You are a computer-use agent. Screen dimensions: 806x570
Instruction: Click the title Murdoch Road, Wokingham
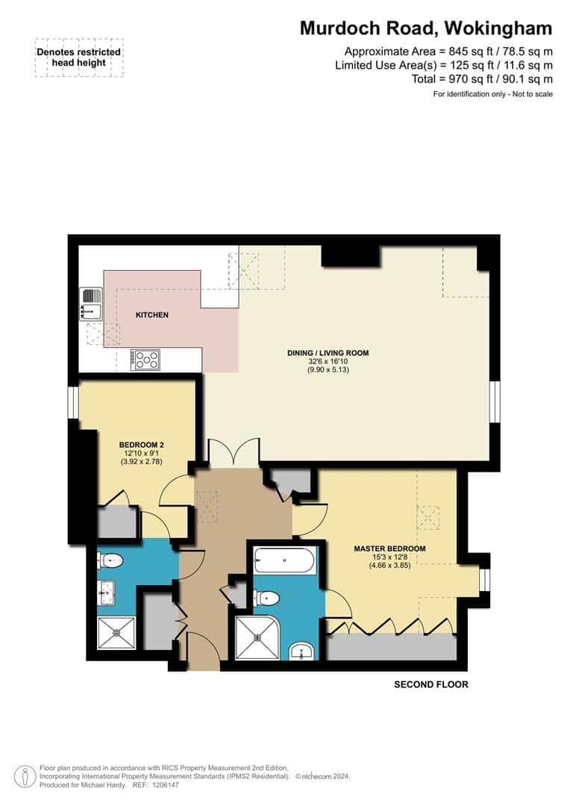click(426, 28)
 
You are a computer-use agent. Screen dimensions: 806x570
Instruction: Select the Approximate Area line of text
click(448, 51)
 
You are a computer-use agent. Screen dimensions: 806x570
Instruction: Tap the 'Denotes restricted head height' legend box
click(78, 57)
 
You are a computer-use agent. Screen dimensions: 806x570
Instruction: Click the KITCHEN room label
click(151, 315)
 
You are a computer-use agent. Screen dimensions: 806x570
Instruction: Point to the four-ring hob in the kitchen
click(145, 360)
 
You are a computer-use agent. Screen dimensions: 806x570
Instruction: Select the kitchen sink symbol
click(90, 304)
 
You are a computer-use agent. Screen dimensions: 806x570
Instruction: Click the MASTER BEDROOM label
click(389, 549)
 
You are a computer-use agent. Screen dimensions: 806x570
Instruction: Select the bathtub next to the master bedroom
click(284, 560)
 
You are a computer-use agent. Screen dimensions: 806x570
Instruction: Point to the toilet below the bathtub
click(266, 598)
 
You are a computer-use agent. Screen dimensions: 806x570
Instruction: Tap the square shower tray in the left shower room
click(116, 634)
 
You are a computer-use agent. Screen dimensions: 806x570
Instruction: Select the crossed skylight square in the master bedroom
click(427, 516)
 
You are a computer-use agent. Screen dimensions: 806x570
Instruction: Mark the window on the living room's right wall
click(494, 402)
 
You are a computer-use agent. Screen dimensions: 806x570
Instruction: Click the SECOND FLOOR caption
click(430, 684)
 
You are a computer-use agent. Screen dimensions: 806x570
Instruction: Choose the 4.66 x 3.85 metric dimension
click(389, 565)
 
